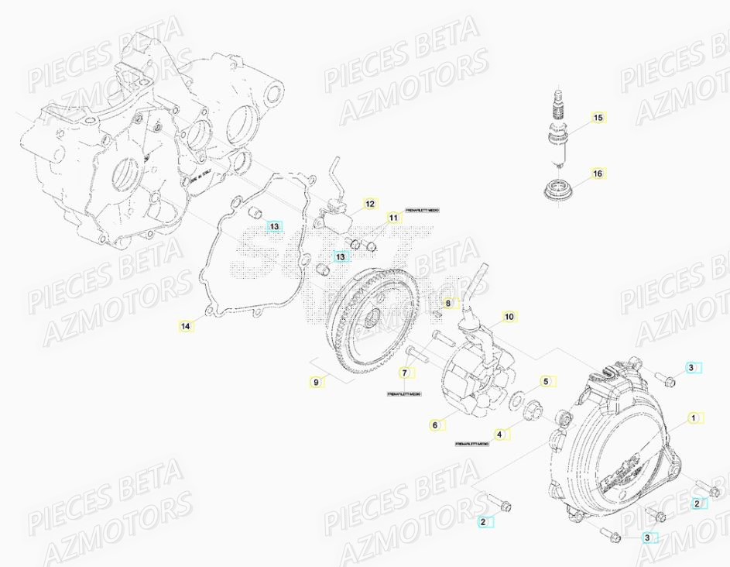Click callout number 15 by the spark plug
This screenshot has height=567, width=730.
(597, 118)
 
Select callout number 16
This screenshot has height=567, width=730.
(597, 174)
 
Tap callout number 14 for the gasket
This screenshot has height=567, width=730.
(185, 326)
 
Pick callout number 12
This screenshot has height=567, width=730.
(369, 204)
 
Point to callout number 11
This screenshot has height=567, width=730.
(393, 219)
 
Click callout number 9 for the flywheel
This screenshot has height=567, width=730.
(316, 382)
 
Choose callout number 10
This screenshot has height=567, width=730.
(509, 317)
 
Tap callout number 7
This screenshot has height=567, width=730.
(403, 373)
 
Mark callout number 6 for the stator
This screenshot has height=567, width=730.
(435, 424)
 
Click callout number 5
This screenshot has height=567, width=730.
(544, 381)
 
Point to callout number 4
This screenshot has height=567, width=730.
(500, 435)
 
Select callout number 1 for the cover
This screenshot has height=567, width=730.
(693, 418)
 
